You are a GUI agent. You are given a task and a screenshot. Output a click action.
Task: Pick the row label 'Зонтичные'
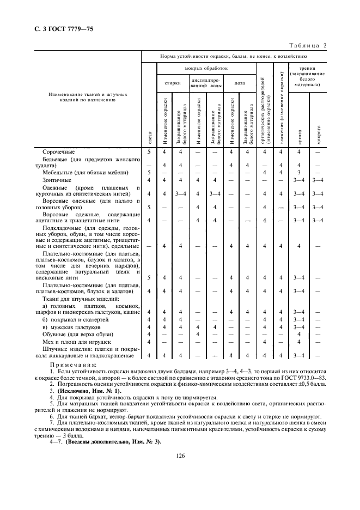tap(57, 179)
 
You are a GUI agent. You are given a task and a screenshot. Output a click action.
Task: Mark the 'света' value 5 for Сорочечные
tap(149, 151)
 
